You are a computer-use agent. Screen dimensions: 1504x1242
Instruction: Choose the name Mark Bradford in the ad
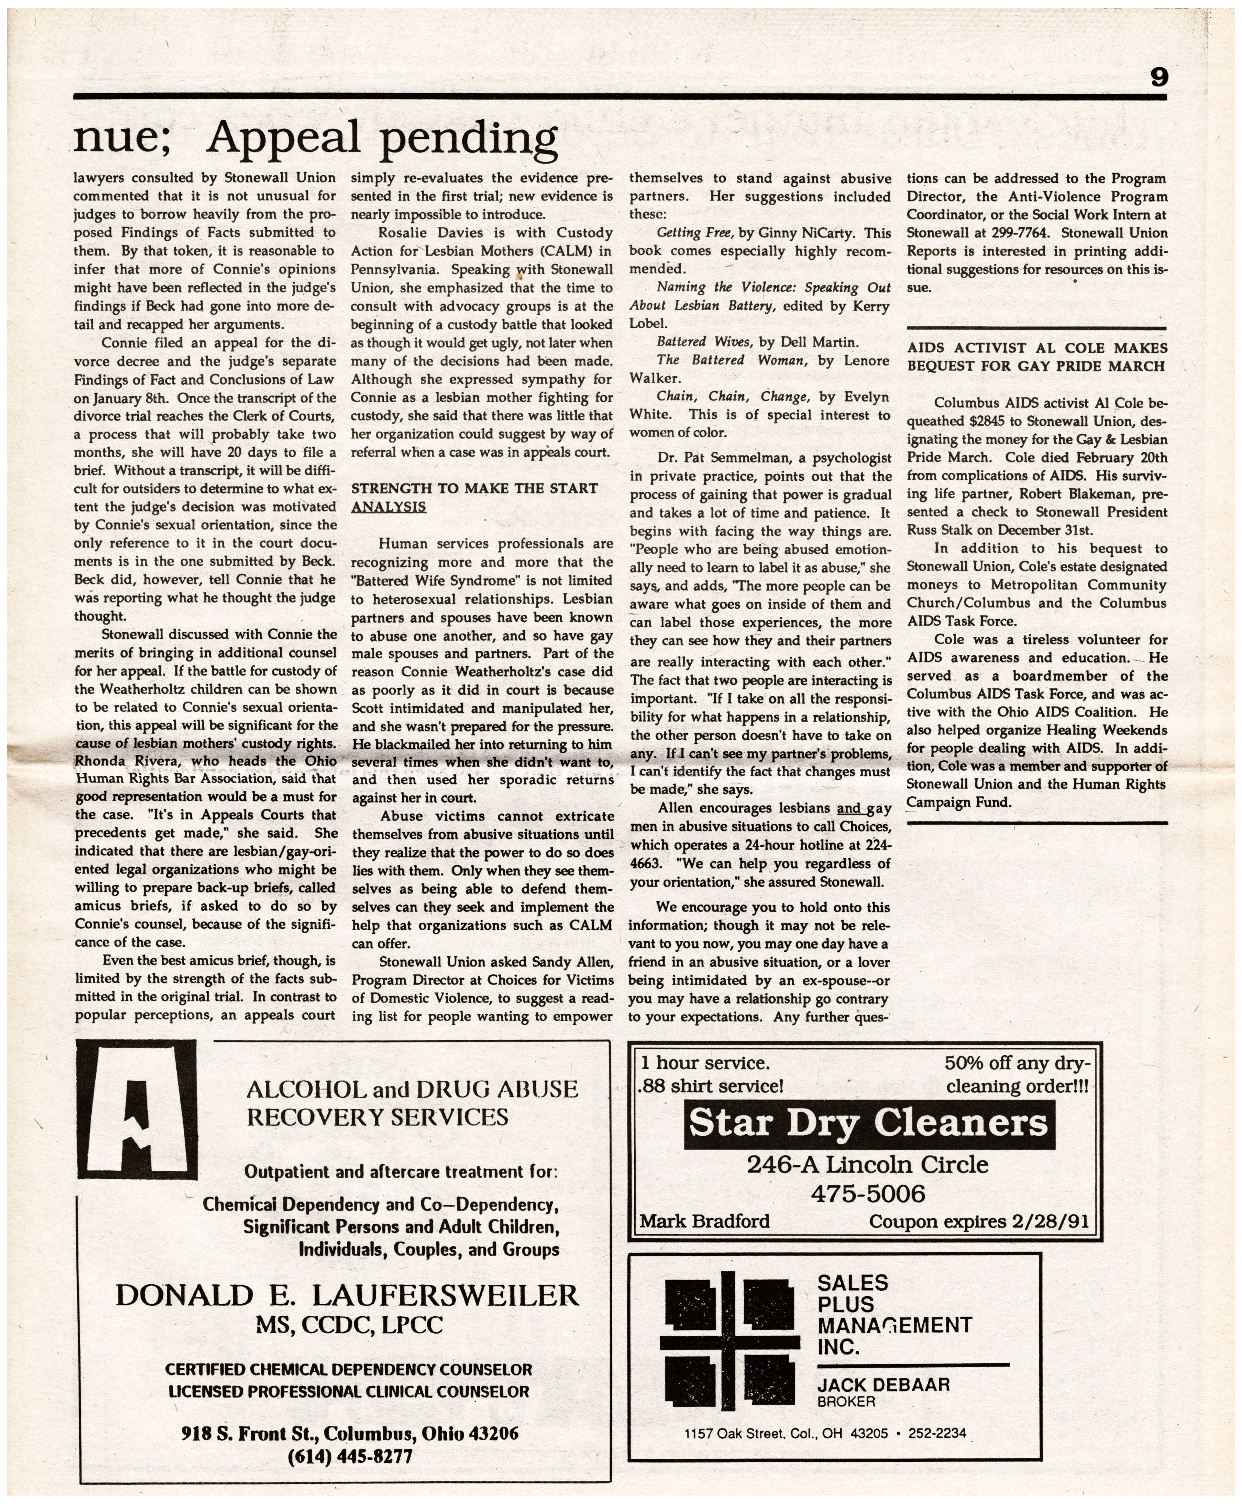pyautogui.click(x=705, y=1221)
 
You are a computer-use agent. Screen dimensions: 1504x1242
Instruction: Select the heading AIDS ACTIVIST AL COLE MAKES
pyautogui.click(x=1037, y=348)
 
